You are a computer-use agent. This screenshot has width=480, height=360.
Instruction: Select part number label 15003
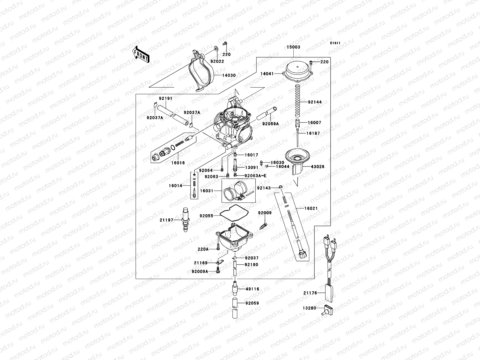(x=293, y=47)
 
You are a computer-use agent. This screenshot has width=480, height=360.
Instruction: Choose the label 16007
(x=314, y=123)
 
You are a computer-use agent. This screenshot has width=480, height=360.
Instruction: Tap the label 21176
(x=310, y=293)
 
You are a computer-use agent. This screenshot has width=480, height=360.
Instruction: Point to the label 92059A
(x=271, y=124)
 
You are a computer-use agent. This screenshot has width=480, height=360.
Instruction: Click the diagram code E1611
(x=335, y=43)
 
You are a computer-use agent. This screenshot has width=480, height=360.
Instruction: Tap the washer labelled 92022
(x=216, y=49)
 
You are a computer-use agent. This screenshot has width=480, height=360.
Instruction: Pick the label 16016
(x=178, y=163)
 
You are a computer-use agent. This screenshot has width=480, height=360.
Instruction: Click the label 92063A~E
(x=255, y=176)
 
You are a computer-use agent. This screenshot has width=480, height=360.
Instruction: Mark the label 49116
(x=252, y=289)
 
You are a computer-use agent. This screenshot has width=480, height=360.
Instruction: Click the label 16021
(x=311, y=208)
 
